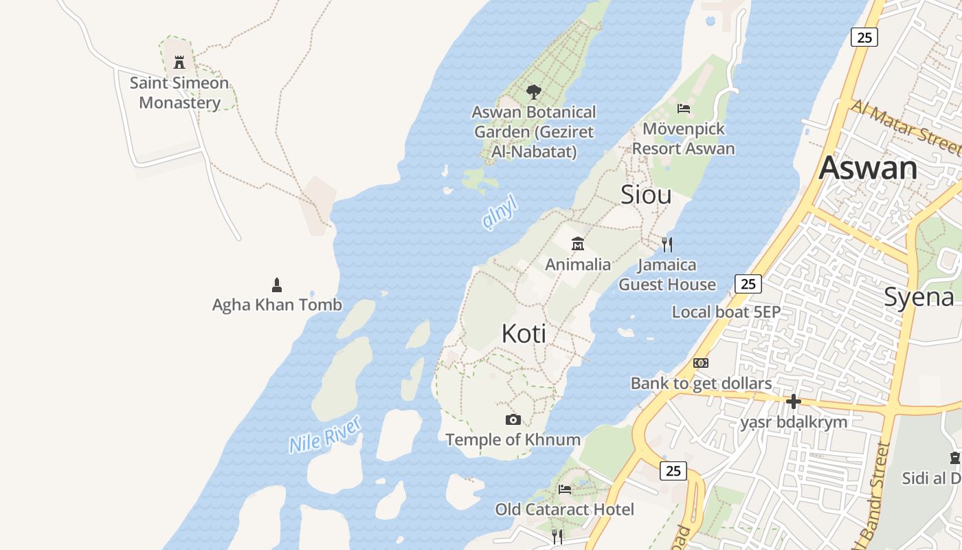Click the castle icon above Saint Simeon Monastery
coord(179,63)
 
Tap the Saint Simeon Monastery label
coord(179,93)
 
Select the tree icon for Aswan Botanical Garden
coord(533,91)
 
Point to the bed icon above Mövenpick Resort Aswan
coord(683,108)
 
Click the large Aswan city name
coord(868,168)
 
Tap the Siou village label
coord(646,195)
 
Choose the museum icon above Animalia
coord(577,244)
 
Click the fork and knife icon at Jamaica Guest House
coord(667,244)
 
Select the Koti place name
coord(524,333)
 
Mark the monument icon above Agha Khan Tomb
coord(277,285)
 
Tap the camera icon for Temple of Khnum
coord(513,419)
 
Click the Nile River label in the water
coord(325,434)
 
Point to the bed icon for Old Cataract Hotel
coord(564,489)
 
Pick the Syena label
coord(919,297)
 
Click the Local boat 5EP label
coord(726,312)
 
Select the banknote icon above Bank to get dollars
coord(701,363)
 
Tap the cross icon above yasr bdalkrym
coord(794,401)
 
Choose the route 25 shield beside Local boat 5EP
coord(748,283)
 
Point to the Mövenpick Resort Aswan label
coord(683,138)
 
